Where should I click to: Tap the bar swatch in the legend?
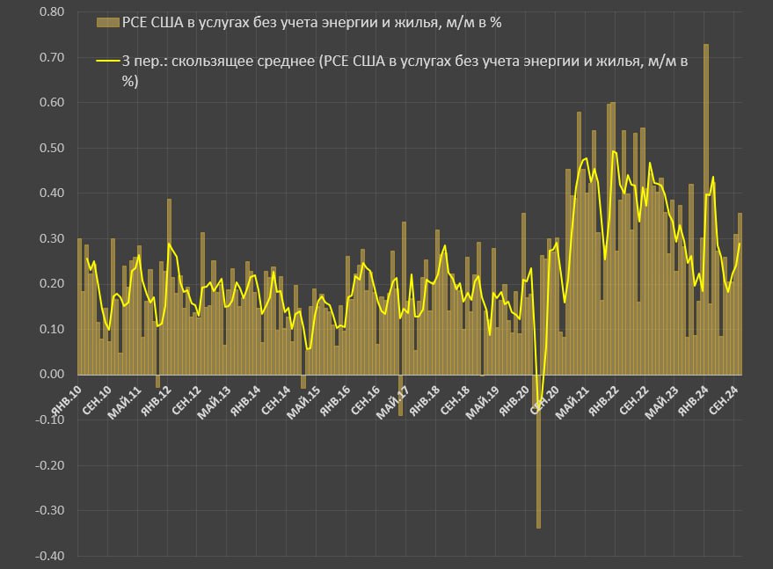pyautogui.click(x=106, y=22)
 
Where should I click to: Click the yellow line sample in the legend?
pyautogui.click(x=106, y=62)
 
